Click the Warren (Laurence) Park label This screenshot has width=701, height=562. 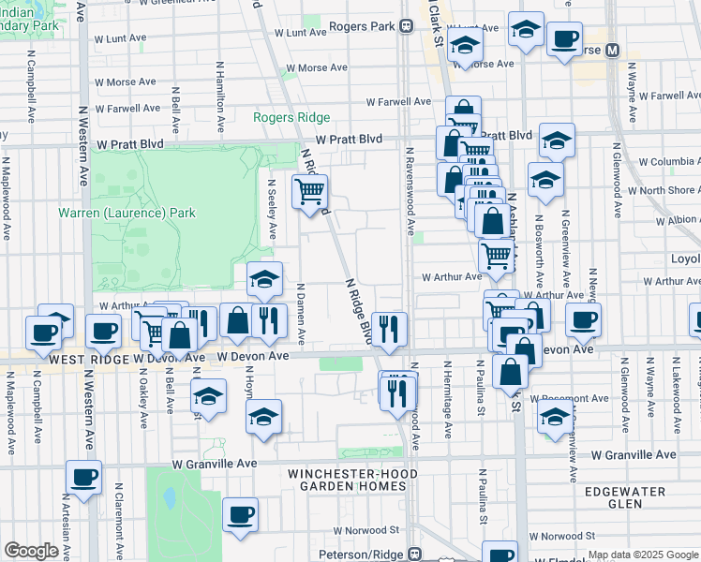[x=127, y=213]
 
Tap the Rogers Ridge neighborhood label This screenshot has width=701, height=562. [x=291, y=117]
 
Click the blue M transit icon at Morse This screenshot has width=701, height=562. [x=614, y=50]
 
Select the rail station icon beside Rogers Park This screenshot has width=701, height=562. [x=406, y=27]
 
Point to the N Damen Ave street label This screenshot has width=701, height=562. [x=301, y=312]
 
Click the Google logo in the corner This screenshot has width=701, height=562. [x=31, y=551]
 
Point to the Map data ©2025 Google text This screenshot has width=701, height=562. [x=642, y=555]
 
